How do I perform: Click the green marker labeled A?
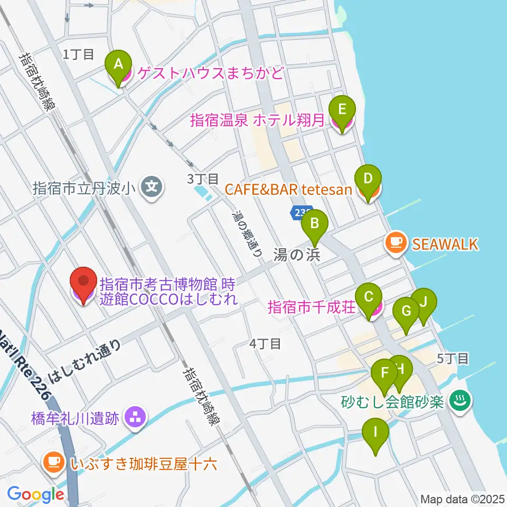(x=119, y=64)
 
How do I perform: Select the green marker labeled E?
(x=342, y=110)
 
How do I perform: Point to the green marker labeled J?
(x=424, y=303)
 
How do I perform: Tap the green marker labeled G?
(x=406, y=311)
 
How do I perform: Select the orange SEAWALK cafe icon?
(x=395, y=243)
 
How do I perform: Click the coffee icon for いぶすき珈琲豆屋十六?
(x=53, y=463)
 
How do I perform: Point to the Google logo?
(x=35, y=494)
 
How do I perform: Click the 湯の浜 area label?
(x=297, y=255)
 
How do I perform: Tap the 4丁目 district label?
(x=265, y=344)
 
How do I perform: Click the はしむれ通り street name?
(x=85, y=361)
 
